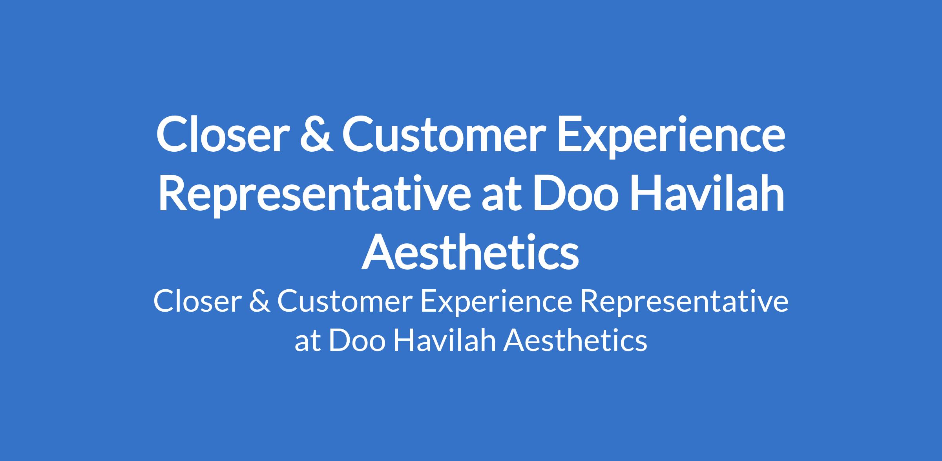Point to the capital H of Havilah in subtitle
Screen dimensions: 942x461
403,340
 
